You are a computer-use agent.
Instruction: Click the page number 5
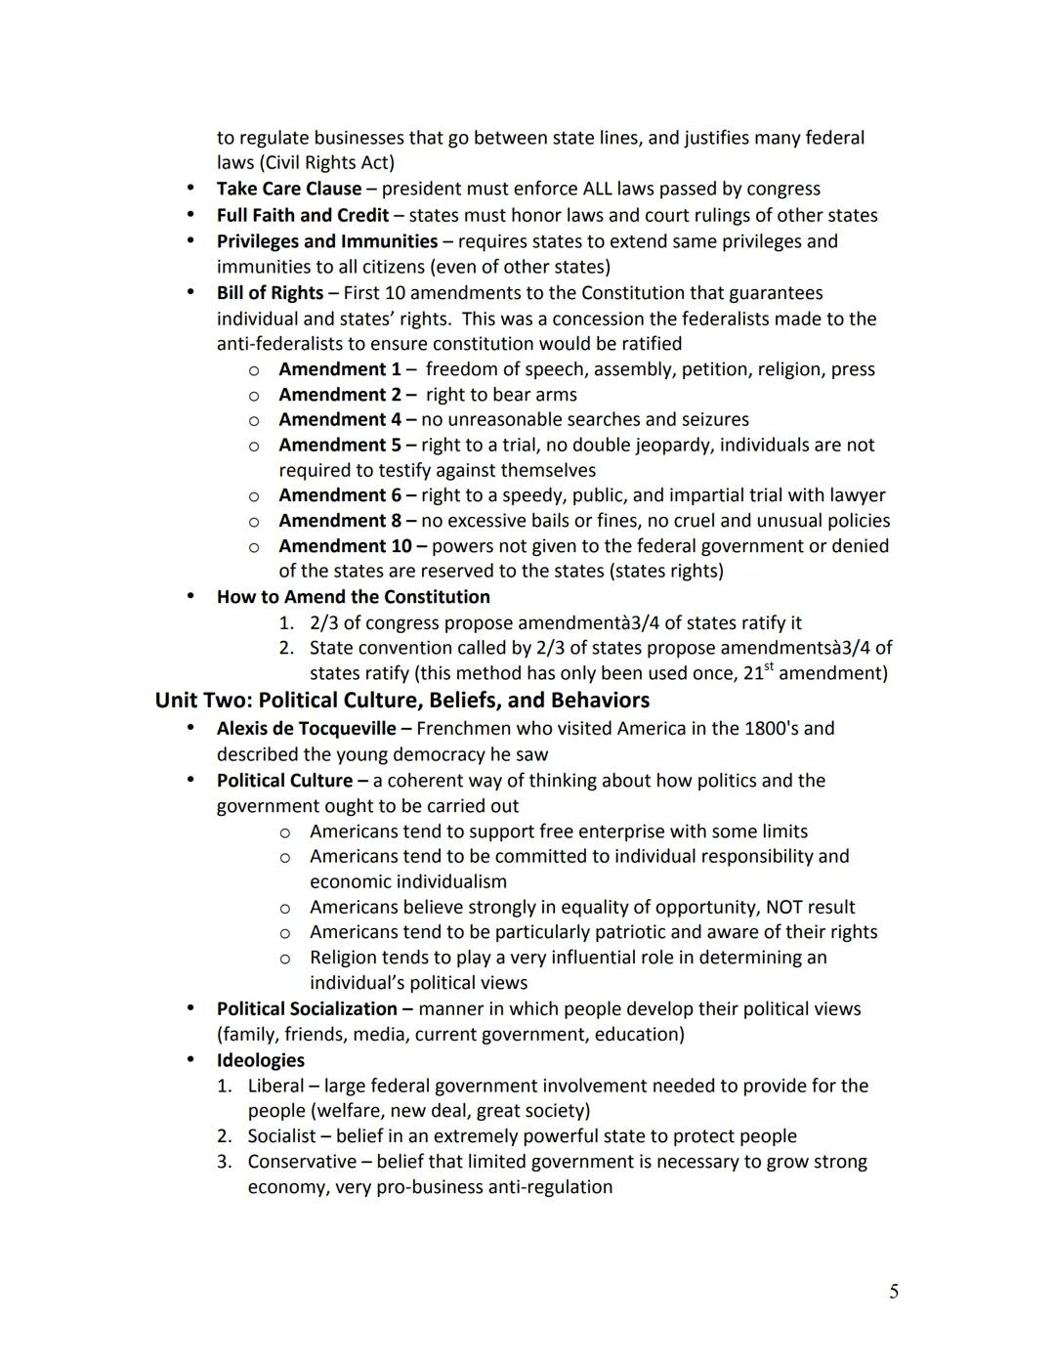point(894,1292)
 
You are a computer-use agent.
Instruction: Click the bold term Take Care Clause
point(288,189)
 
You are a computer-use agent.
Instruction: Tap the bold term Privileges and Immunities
point(326,241)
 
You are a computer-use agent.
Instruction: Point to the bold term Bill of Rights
point(270,293)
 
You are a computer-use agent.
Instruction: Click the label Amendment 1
point(339,369)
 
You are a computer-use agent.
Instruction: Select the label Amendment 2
point(339,395)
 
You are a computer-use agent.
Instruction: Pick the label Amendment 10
point(345,546)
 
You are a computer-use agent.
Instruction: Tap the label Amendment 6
point(339,495)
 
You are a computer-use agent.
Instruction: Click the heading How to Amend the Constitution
point(353,597)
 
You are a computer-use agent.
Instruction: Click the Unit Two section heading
point(401,701)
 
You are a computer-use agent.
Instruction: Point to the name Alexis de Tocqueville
point(306,729)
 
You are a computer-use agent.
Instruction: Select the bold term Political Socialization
point(307,1009)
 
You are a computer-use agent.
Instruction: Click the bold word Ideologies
point(260,1060)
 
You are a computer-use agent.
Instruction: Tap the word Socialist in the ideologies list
point(281,1136)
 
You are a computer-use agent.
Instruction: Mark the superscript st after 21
point(767,667)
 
